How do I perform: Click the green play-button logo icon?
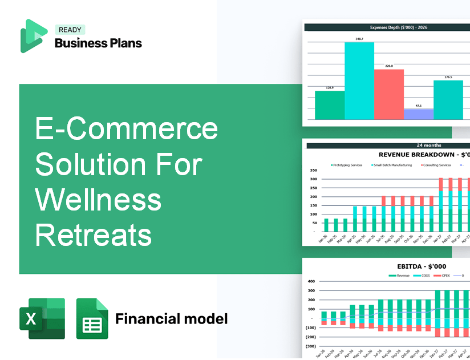[x=33, y=36]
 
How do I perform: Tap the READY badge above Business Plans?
[x=70, y=30]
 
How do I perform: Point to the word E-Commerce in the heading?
[x=127, y=129]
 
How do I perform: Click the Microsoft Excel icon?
[x=42, y=318]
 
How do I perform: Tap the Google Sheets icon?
[x=92, y=318]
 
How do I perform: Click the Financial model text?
[x=171, y=318]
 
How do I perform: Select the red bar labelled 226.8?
[x=388, y=94]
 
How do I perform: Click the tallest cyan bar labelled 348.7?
[x=359, y=80]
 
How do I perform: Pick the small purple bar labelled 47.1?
[x=418, y=114]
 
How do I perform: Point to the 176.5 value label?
[x=448, y=77]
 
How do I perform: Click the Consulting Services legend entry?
[x=436, y=165]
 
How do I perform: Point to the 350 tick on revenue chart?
[x=313, y=170]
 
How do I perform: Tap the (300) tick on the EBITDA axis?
[x=311, y=346]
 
